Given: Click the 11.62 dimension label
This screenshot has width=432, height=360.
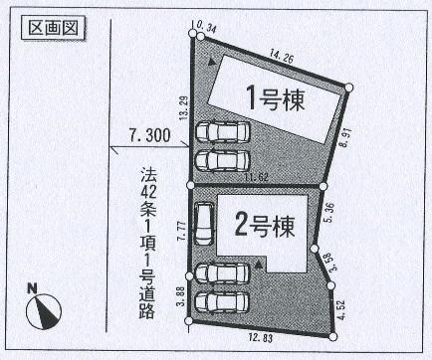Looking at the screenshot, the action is [257, 177].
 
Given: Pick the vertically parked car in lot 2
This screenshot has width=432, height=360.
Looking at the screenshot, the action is [203, 224].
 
